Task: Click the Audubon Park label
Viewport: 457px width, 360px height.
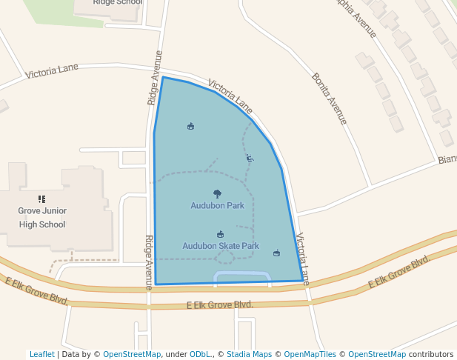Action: [217, 206]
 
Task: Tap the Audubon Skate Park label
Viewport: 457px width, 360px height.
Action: [221, 246]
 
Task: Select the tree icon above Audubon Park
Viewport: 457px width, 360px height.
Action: [217, 194]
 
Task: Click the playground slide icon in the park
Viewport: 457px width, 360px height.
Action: [250, 158]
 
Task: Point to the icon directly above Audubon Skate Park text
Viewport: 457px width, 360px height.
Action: [220, 234]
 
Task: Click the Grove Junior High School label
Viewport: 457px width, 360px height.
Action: [42, 217]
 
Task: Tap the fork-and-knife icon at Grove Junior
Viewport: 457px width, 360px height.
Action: [41, 199]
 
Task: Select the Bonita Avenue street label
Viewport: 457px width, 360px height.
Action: [330, 99]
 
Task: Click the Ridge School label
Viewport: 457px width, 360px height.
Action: [117, 2]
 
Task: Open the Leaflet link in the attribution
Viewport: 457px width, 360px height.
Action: [41, 354]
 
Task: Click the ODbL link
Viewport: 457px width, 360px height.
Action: [200, 354]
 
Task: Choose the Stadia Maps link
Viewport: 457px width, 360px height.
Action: [249, 354]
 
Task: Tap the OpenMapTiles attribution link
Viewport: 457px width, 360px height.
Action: [310, 354]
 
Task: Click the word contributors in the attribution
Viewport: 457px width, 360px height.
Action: [431, 354]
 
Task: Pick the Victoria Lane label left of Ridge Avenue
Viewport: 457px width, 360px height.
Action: [52, 71]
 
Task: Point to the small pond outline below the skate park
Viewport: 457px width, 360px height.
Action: [241, 276]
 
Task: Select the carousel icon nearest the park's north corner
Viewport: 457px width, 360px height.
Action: [191, 126]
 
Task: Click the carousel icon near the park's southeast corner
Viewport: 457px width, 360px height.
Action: [277, 253]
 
